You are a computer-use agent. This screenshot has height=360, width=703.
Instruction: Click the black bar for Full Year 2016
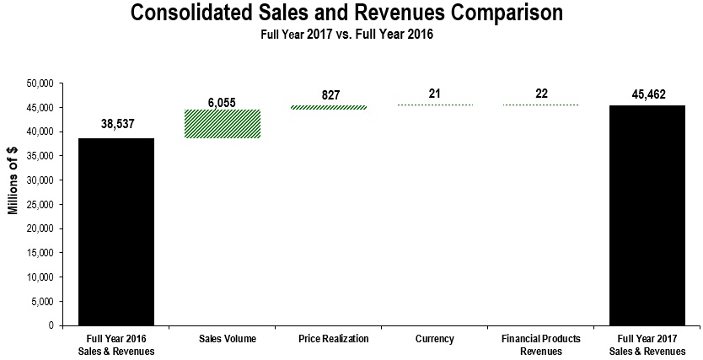[116, 232]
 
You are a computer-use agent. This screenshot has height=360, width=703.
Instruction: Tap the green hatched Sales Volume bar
[223, 124]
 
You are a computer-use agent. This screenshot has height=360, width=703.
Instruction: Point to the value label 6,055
[223, 102]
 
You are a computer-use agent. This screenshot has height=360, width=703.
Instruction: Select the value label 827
[330, 95]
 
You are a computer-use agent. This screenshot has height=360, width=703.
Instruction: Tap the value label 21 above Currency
[435, 93]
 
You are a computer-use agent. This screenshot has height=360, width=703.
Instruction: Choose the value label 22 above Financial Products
[541, 93]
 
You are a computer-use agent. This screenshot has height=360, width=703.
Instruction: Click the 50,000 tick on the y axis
[40, 83]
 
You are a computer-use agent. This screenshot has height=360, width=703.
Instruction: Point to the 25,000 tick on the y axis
[40, 204]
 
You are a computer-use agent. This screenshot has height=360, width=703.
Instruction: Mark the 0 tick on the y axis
[51, 325]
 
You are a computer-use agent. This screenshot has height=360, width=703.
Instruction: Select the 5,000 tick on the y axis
[43, 301]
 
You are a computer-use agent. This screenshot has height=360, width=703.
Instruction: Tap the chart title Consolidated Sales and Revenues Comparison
[346, 14]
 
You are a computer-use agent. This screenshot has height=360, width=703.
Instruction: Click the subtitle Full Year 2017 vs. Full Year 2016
[346, 35]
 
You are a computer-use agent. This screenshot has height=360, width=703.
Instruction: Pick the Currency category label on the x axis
[435, 339]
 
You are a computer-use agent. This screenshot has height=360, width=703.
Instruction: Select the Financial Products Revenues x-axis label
[541, 345]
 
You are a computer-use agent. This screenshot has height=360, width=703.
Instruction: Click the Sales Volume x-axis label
[223, 339]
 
